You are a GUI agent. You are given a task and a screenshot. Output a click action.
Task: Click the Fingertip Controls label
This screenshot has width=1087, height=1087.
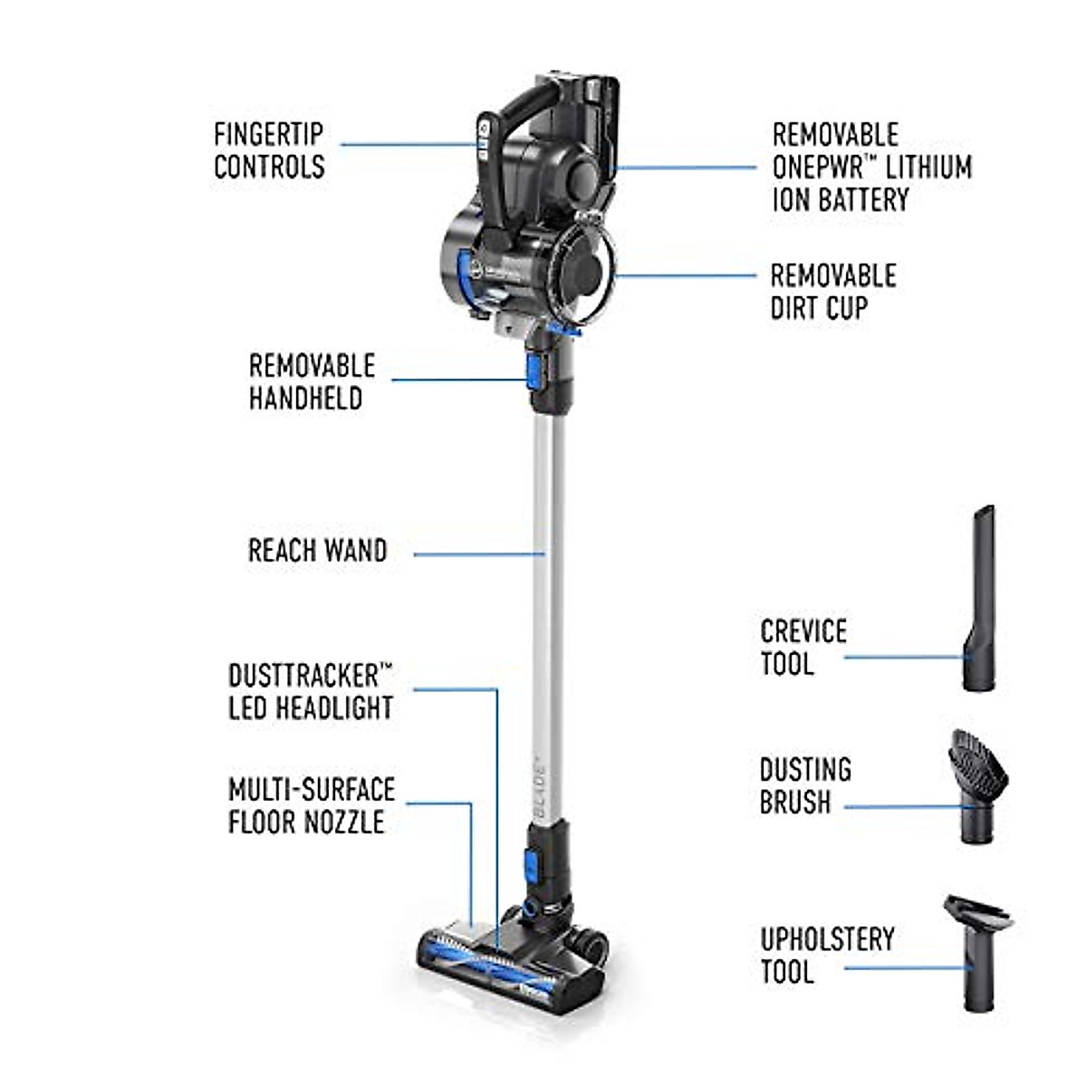[269, 150]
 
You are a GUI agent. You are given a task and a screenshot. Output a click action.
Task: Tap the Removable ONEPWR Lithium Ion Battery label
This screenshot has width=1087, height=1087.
[871, 168]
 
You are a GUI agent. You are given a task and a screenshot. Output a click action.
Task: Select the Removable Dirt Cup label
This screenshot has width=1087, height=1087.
[832, 292]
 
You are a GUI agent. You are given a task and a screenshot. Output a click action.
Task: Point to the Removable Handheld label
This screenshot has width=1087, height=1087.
[312, 381]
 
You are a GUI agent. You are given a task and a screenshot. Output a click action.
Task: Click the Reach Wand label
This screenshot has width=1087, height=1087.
[317, 551]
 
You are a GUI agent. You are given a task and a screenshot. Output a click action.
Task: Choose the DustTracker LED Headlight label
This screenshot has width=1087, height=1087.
[311, 692]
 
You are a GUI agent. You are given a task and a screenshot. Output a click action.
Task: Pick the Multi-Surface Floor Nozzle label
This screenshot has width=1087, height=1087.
[312, 805]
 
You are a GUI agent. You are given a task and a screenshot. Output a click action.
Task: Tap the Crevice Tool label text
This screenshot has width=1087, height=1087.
[803, 647]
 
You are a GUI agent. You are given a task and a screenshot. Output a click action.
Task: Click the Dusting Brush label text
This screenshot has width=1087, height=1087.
[804, 785]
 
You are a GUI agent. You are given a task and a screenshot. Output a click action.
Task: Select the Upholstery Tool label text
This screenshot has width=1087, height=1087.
[826, 955]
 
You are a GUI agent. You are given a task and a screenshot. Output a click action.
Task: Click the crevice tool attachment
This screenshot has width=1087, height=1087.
[979, 599]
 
